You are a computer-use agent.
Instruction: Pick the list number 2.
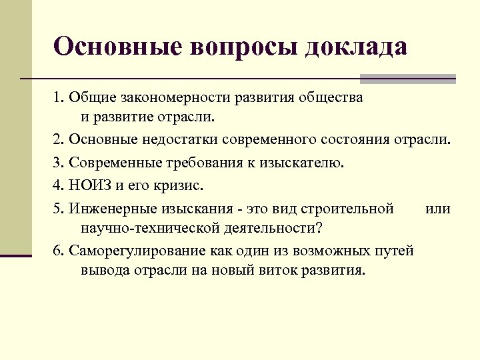click(x=58, y=140)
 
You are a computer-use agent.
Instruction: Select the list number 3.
click(x=58, y=162)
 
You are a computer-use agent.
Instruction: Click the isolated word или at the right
click(x=437, y=209)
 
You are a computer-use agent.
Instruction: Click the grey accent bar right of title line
click(x=407, y=79)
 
